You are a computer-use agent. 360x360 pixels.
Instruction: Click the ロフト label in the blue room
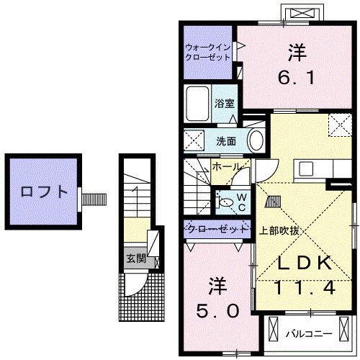click(x=39, y=192)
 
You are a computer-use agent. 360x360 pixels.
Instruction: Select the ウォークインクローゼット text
click(x=207, y=51)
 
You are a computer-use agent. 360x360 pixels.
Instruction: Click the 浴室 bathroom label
click(x=223, y=104)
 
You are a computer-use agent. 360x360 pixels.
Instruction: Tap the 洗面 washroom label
click(x=226, y=140)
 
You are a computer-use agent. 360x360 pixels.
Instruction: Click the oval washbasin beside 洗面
click(x=255, y=140)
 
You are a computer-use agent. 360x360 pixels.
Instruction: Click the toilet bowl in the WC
click(x=227, y=202)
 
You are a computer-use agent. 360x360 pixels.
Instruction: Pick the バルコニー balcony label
click(x=308, y=333)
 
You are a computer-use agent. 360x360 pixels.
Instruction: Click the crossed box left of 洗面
click(x=193, y=139)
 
